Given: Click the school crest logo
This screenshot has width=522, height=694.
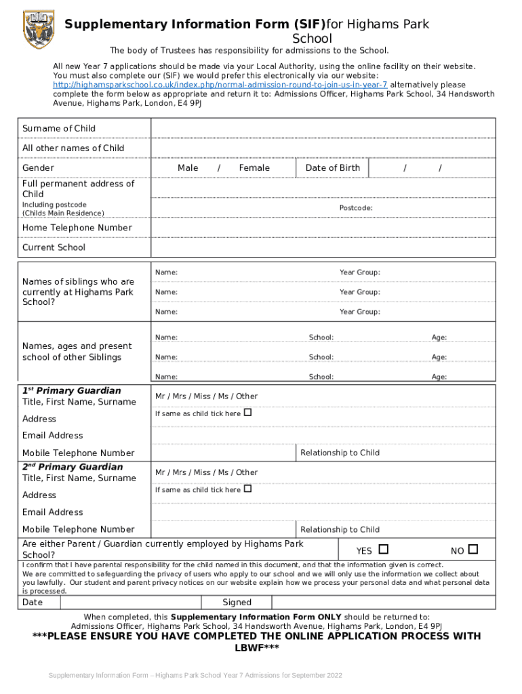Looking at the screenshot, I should click(39, 29).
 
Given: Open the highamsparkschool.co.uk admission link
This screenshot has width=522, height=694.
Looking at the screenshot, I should click(220, 85).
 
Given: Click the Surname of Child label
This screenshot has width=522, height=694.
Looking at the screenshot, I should click(59, 129).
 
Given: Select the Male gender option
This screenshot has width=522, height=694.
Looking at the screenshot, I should click(188, 168).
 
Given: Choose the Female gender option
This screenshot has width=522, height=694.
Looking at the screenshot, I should click(254, 168).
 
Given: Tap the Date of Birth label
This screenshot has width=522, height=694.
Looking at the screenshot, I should click(333, 168).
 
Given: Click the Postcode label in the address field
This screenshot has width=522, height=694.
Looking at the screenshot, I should click(356, 208).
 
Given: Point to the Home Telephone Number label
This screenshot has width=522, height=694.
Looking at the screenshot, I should click(77, 228).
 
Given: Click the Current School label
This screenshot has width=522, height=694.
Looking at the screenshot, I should click(54, 247).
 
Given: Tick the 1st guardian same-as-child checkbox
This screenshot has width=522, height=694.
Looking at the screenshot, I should click(247, 412).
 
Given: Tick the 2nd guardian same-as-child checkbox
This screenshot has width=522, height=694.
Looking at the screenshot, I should click(247, 489).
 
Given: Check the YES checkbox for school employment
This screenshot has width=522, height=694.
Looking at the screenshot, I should click(384, 549).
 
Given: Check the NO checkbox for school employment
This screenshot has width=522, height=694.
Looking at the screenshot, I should click(473, 549).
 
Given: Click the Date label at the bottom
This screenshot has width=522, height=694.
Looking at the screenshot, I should click(33, 603).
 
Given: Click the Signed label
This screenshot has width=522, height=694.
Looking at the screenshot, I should click(237, 603).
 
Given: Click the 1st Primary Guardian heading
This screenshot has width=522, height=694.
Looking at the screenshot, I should click(72, 391).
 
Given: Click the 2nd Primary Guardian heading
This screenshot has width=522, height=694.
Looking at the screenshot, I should click(73, 467).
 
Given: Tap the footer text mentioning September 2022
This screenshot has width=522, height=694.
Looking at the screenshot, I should click(196, 676).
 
